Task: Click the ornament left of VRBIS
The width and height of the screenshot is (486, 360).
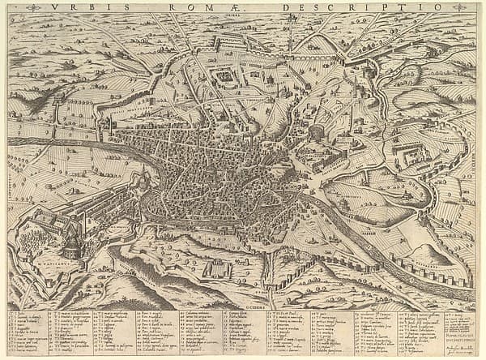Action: click(x=33, y=7)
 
